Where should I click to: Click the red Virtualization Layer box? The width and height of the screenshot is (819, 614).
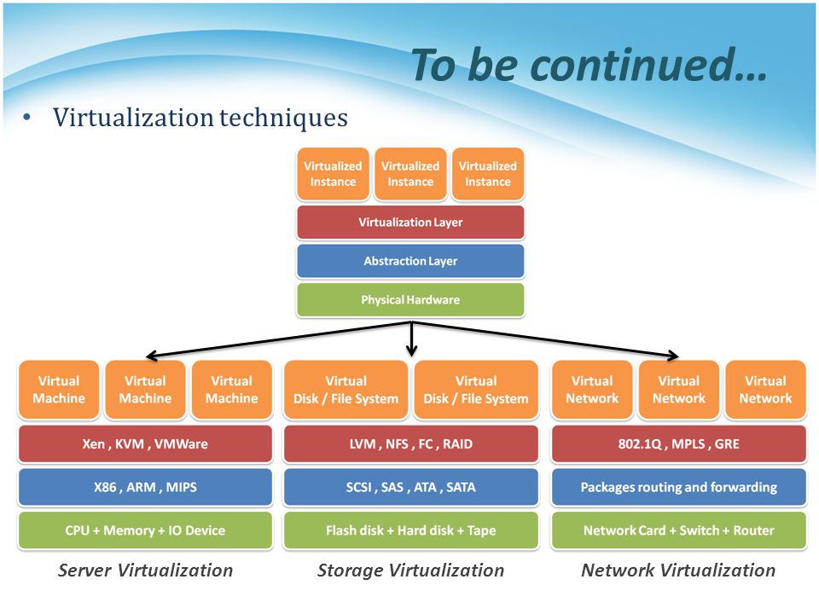click(410, 222)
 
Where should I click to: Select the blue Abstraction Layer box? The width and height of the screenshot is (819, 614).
click(410, 261)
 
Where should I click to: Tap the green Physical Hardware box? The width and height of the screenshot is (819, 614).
click(410, 299)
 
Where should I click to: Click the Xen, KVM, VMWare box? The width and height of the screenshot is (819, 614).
click(145, 443)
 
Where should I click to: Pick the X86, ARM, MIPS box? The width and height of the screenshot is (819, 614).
click(145, 487)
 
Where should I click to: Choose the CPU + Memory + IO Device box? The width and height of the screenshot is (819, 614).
click(145, 530)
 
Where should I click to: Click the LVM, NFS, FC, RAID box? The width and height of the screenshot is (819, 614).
click(410, 443)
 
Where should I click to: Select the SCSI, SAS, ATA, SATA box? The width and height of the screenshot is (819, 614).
click(410, 487)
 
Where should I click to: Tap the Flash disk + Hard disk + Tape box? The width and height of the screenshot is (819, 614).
click(410, 530)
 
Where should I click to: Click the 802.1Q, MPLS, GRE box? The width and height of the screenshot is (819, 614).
click(678, 443)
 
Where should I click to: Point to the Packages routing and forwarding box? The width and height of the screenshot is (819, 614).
click(678, 487)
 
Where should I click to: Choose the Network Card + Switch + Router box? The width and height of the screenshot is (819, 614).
click(678, 530)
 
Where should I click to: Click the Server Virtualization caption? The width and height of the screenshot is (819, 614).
click(145, 571)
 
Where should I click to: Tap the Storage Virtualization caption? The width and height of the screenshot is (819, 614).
click(410, 571)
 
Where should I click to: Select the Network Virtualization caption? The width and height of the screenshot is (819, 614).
click(678, 571)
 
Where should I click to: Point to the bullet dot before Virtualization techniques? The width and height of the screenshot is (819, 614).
click(26, 119)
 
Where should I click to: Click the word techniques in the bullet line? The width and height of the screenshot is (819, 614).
click(283, 118)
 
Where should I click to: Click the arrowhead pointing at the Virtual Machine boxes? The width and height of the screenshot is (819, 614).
click(152, 356)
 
